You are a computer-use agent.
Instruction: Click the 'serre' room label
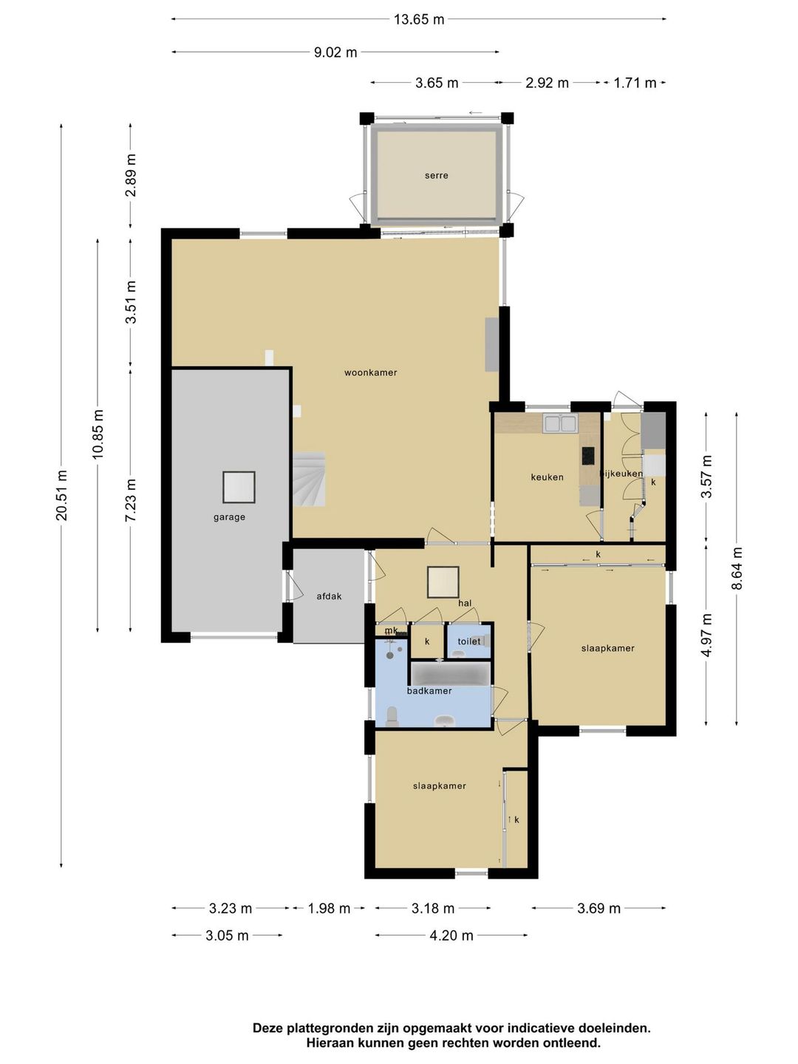pyautogui.click(x=436, y=175)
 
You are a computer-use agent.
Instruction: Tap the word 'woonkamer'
pyautogui.click(x=371, y=372)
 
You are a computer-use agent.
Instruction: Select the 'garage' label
pyautogui.click(x=229, y=516)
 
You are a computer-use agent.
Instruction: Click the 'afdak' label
pyautogui.click(x=329, y=596)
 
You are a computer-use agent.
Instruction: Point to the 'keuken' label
pyautogui.click(x=547, y=477)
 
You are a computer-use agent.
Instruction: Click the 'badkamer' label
pyautogui.click(x=429, y=691)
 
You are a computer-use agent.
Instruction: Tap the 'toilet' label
pyautogui.click(x=469, y=641)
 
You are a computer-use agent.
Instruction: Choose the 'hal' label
pyautogui.click(x=465, y=604)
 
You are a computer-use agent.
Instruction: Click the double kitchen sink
pyautogui.click(x=561, y=423)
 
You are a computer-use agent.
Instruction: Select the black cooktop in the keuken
pyautogui.click(x=587, y=456)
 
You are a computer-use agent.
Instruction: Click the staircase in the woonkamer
pyautogui.click(x=309, y=480)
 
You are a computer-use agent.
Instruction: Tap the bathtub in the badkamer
pyautogui.click(x=451, y=675)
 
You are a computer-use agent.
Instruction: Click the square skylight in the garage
pyautogui.click(x=239, y=487)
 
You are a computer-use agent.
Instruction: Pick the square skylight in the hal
pyautogui.click(x=443, y=582)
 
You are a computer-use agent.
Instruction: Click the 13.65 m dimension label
pyautogui.click(x=419, y=19)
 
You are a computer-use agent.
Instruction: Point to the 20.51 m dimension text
pyautogui.click(x=62, y=495)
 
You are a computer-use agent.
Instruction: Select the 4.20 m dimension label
pyautogui.click(x=451, y=935)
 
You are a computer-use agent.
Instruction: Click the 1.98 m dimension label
pyautogui.click(x=329, y=908)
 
